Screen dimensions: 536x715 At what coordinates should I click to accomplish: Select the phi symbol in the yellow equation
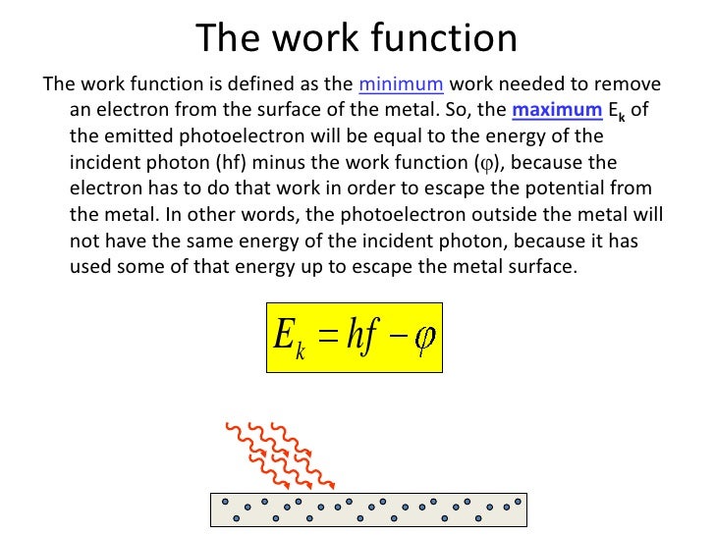424,337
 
